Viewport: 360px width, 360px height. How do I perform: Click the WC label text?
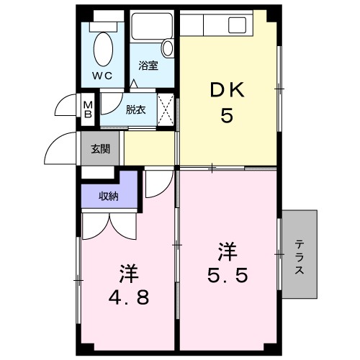[x=101, y=75]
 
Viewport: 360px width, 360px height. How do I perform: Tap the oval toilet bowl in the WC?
[x=104, y=48]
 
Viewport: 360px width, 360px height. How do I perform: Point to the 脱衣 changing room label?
[x=135, y=109]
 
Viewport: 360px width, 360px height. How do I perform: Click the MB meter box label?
[x=87, y=109]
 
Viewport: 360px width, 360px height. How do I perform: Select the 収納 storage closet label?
[x=108, y=196]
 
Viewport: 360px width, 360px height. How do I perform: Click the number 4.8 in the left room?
[x=130, y=296]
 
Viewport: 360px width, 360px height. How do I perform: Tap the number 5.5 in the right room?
[x=228, y=276]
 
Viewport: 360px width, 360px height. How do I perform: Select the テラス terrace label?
[x=299, y=256]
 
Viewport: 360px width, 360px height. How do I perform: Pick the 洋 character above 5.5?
[x=228, y=252]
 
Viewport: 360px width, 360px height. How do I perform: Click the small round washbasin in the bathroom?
[x=168, y=49]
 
